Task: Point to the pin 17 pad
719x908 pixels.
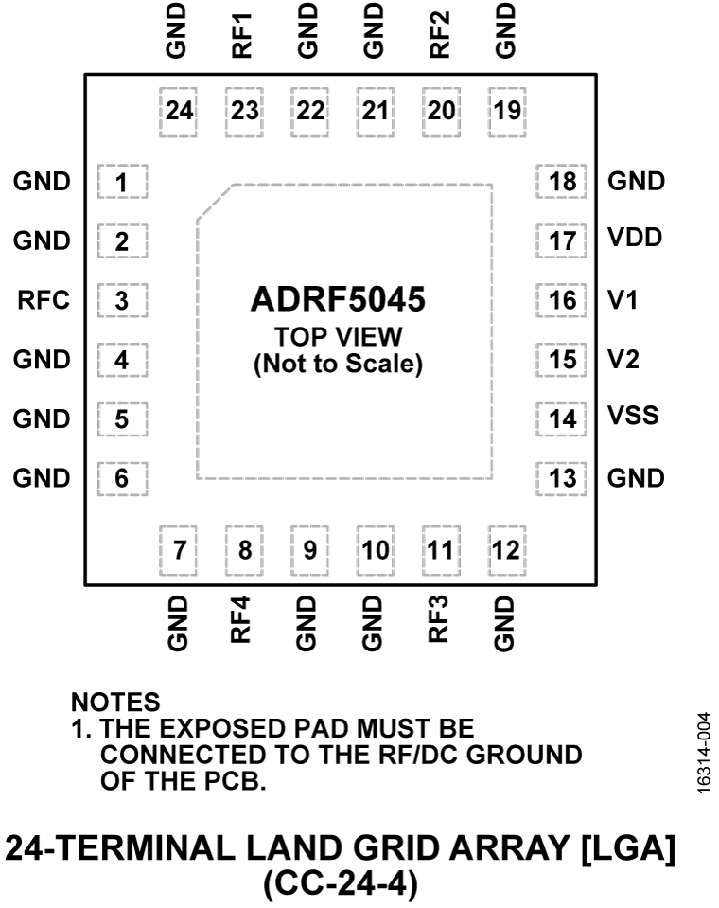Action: (x=562, y=240)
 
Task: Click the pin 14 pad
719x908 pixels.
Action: (x=562, y=418)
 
